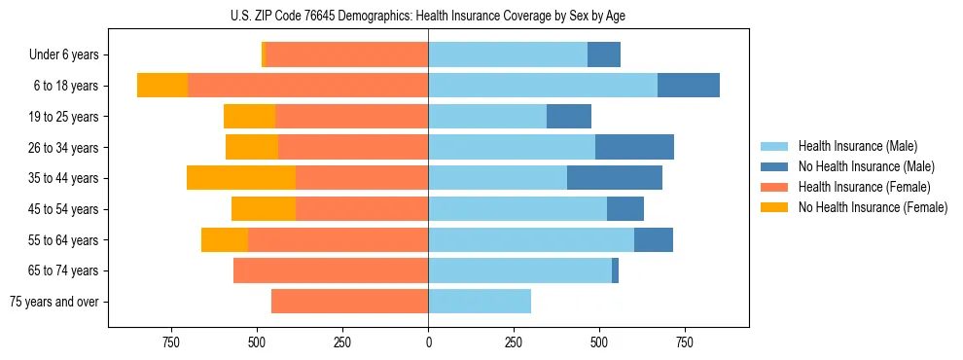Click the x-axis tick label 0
point(428,342)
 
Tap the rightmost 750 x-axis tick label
point(685,342)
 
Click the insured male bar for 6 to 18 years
point(543,86)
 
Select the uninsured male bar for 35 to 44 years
point(615,178)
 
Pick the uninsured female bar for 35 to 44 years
point(241,178)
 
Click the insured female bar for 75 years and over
point(350,302)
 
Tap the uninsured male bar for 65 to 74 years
point(615,270)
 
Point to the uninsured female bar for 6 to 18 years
point(162,86)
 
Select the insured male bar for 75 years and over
point(480,302)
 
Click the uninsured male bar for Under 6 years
point(604,55)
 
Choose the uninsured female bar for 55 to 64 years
point(225,239)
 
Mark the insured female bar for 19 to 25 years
point(352,117)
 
